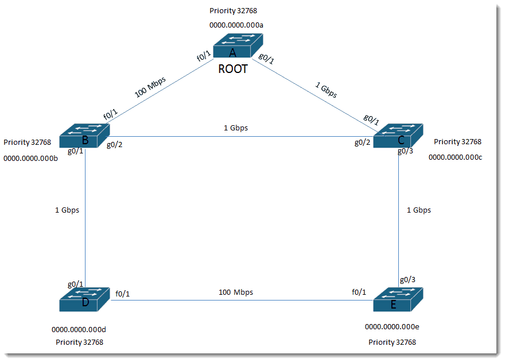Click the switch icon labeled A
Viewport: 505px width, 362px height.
238,45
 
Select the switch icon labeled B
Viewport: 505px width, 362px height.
85,136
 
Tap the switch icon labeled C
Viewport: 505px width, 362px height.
398,136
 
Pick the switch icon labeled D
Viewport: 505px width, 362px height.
85,299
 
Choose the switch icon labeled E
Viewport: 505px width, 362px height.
398,299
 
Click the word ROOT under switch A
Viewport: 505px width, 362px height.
233,69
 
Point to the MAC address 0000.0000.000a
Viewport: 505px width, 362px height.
236,25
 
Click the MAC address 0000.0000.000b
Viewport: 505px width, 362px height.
30,158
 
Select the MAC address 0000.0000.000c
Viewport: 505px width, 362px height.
455,157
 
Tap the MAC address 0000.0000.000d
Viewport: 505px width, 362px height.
79,329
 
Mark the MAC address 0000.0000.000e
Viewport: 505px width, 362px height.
392,327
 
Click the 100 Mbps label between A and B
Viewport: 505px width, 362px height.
150,87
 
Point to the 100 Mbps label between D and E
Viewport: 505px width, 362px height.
236,292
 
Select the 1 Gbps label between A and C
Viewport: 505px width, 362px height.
326,90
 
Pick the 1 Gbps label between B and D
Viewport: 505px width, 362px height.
67,210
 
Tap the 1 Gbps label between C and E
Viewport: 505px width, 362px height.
419,210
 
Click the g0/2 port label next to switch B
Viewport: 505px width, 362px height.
114,145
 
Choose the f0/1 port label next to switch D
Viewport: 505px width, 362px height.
122,294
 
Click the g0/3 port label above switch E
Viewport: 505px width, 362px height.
407,279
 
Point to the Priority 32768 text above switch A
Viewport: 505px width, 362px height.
233,11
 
